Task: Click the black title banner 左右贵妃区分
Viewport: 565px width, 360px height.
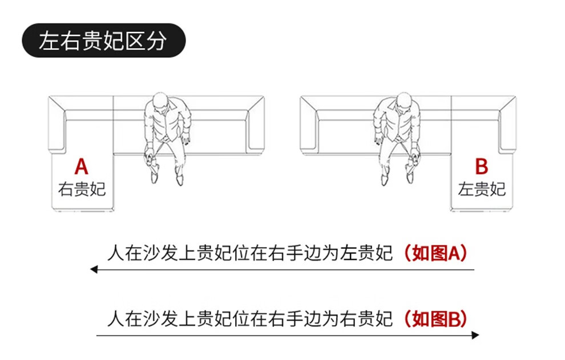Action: click(x=104, y=41)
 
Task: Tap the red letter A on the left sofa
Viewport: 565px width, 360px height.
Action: click(x=82, y=167)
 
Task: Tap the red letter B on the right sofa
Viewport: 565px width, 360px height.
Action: click(x=482, y=167)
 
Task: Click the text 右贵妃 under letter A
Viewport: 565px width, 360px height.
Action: click(x=82, y=189)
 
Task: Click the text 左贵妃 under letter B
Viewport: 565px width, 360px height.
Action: click(x=482, y=189)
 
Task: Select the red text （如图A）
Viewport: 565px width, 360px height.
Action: click(x=435, y=253)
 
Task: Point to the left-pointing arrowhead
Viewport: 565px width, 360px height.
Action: click(x=94, y=269)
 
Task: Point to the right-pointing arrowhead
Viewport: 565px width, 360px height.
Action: click(x=475, y=335)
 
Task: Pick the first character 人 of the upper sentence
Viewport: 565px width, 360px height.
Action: click(x=116, y=253)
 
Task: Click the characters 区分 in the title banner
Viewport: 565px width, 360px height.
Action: click(x=146, y=41)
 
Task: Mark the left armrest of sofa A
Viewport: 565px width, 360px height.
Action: click(x=57, y=124)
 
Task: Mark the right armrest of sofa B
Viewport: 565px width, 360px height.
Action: click(x=507, y=124)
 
